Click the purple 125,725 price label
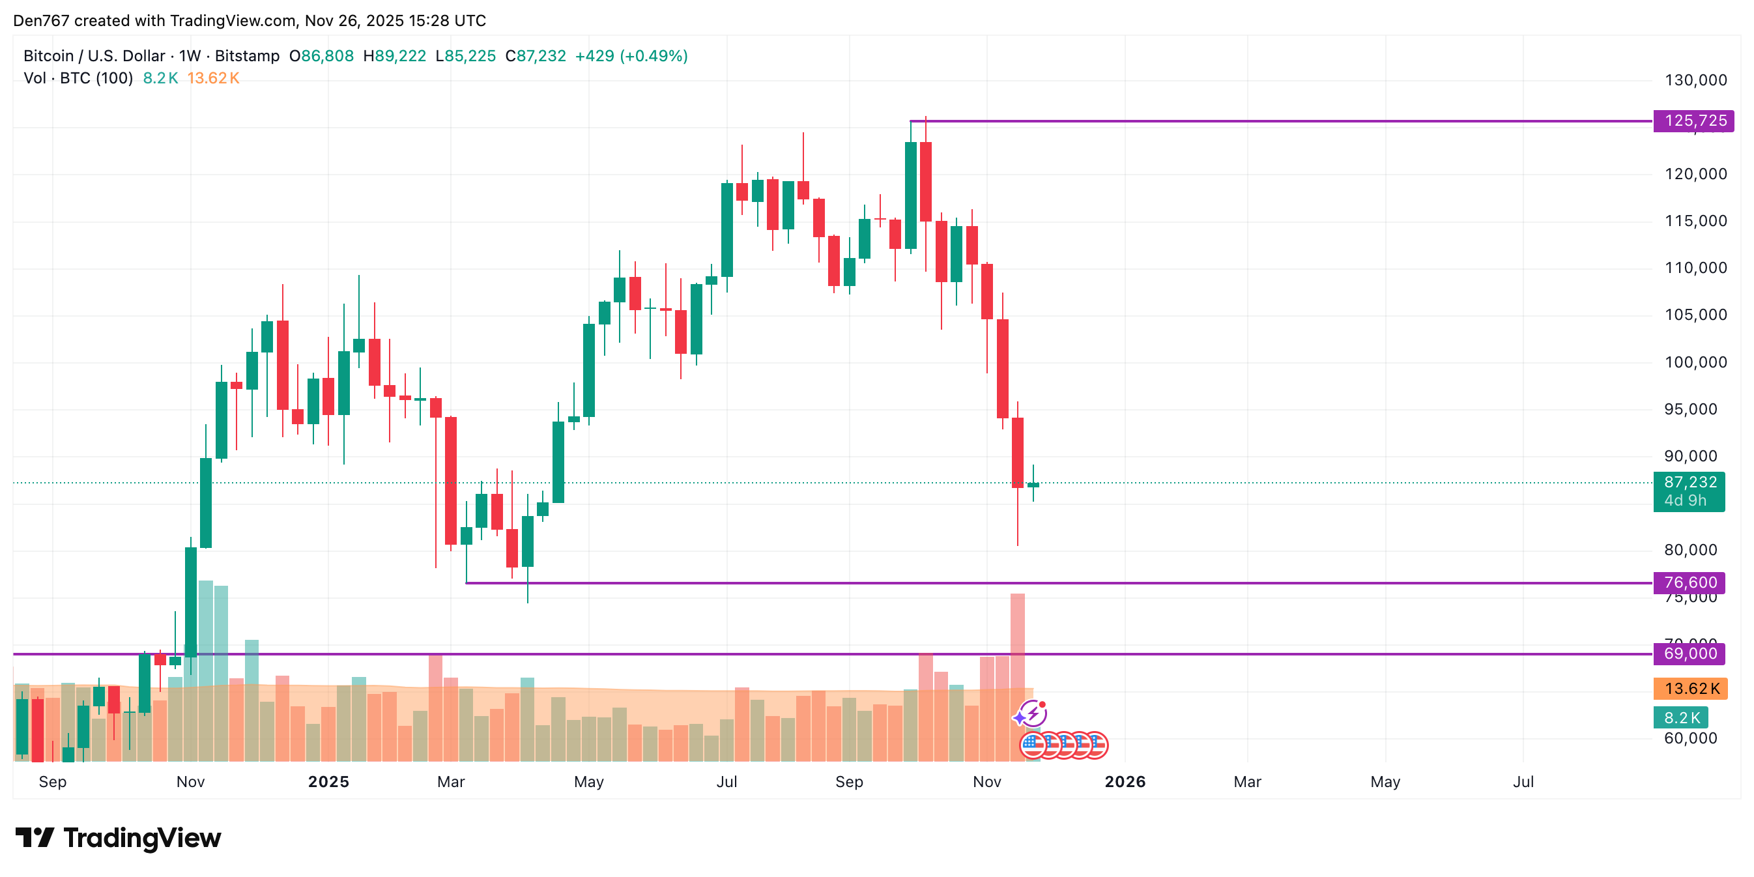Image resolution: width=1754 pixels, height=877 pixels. tap(1694, 121)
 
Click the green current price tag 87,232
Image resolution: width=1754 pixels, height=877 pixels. tap(1689, 483)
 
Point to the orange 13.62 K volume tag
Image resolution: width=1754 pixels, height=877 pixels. tap(1691, 689)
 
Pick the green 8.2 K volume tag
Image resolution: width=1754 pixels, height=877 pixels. tap(1681, 717)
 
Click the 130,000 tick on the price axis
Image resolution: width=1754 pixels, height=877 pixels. tap(1695, 80)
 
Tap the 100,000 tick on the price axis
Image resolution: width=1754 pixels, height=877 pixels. tap(1695, 362)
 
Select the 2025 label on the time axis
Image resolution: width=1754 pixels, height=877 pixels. tap(328, 782)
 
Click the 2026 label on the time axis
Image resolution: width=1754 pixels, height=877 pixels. tap(1125, 782)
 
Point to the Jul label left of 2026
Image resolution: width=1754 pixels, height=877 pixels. tap(726, 782)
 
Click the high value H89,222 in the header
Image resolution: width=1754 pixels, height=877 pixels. tap(395, 56)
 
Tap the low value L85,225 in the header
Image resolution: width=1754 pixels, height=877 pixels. tap(466, 56)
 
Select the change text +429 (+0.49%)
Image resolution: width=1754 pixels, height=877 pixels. tap(631, 56)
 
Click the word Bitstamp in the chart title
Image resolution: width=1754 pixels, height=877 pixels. tap(247, 56)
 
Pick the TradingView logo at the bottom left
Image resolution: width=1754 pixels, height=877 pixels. tap(119, 837)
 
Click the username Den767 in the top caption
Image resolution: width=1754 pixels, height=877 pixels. tap(42, 20)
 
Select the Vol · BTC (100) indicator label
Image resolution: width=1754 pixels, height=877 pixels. tap(78, 78)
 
